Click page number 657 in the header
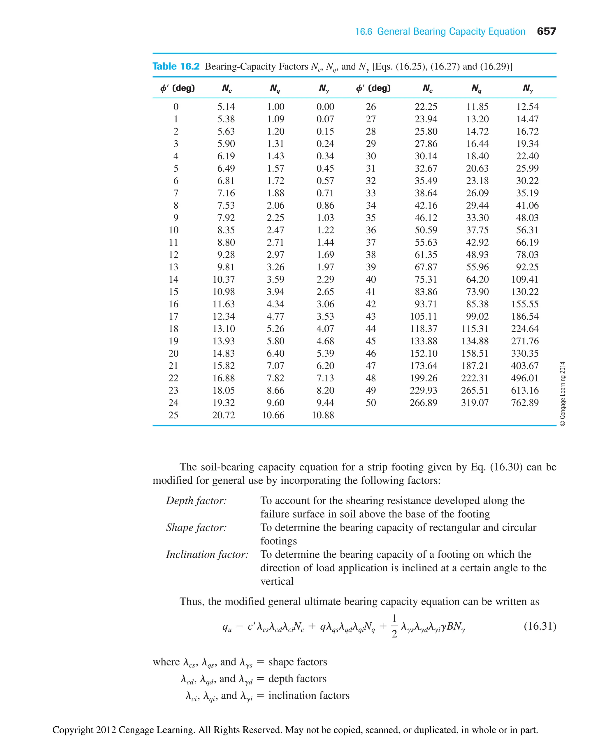546,31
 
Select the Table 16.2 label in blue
176,66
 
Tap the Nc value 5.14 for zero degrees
226,107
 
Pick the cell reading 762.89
524,403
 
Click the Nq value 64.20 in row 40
477,279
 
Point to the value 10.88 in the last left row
323,415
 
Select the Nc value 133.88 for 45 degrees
423,341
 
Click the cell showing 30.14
426,156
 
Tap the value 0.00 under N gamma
325,107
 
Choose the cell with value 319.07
475,403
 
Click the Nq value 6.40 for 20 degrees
275,353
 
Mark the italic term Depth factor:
196,501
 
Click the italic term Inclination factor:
207,554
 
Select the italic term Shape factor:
196,527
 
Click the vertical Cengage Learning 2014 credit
563,394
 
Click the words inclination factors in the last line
308,695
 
